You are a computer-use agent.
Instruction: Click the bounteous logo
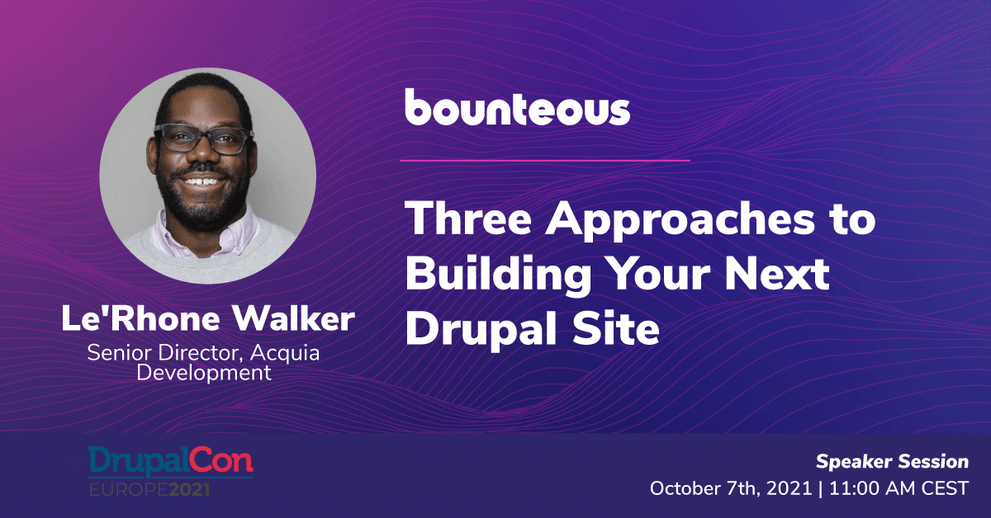click(517, 107)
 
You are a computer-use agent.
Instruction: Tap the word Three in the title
click(468, 219)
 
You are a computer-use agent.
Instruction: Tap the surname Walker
click(294, 318)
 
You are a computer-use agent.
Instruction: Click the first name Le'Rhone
click(140, 318)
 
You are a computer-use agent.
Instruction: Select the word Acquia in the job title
click(285, 354)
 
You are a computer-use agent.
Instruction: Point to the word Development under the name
click(203, 373)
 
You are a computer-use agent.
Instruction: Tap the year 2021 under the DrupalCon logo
click(189, 490)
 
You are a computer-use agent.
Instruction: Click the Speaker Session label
click(893, 462)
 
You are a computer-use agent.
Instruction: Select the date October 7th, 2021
click(731, 489)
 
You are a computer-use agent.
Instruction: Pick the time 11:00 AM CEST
click(899, 489)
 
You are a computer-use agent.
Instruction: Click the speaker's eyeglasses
click(203, 139)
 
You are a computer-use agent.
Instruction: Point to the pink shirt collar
click(203, 234)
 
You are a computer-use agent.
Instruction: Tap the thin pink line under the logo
click(544, 161)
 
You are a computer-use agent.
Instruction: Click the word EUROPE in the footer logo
click(129, 490)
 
